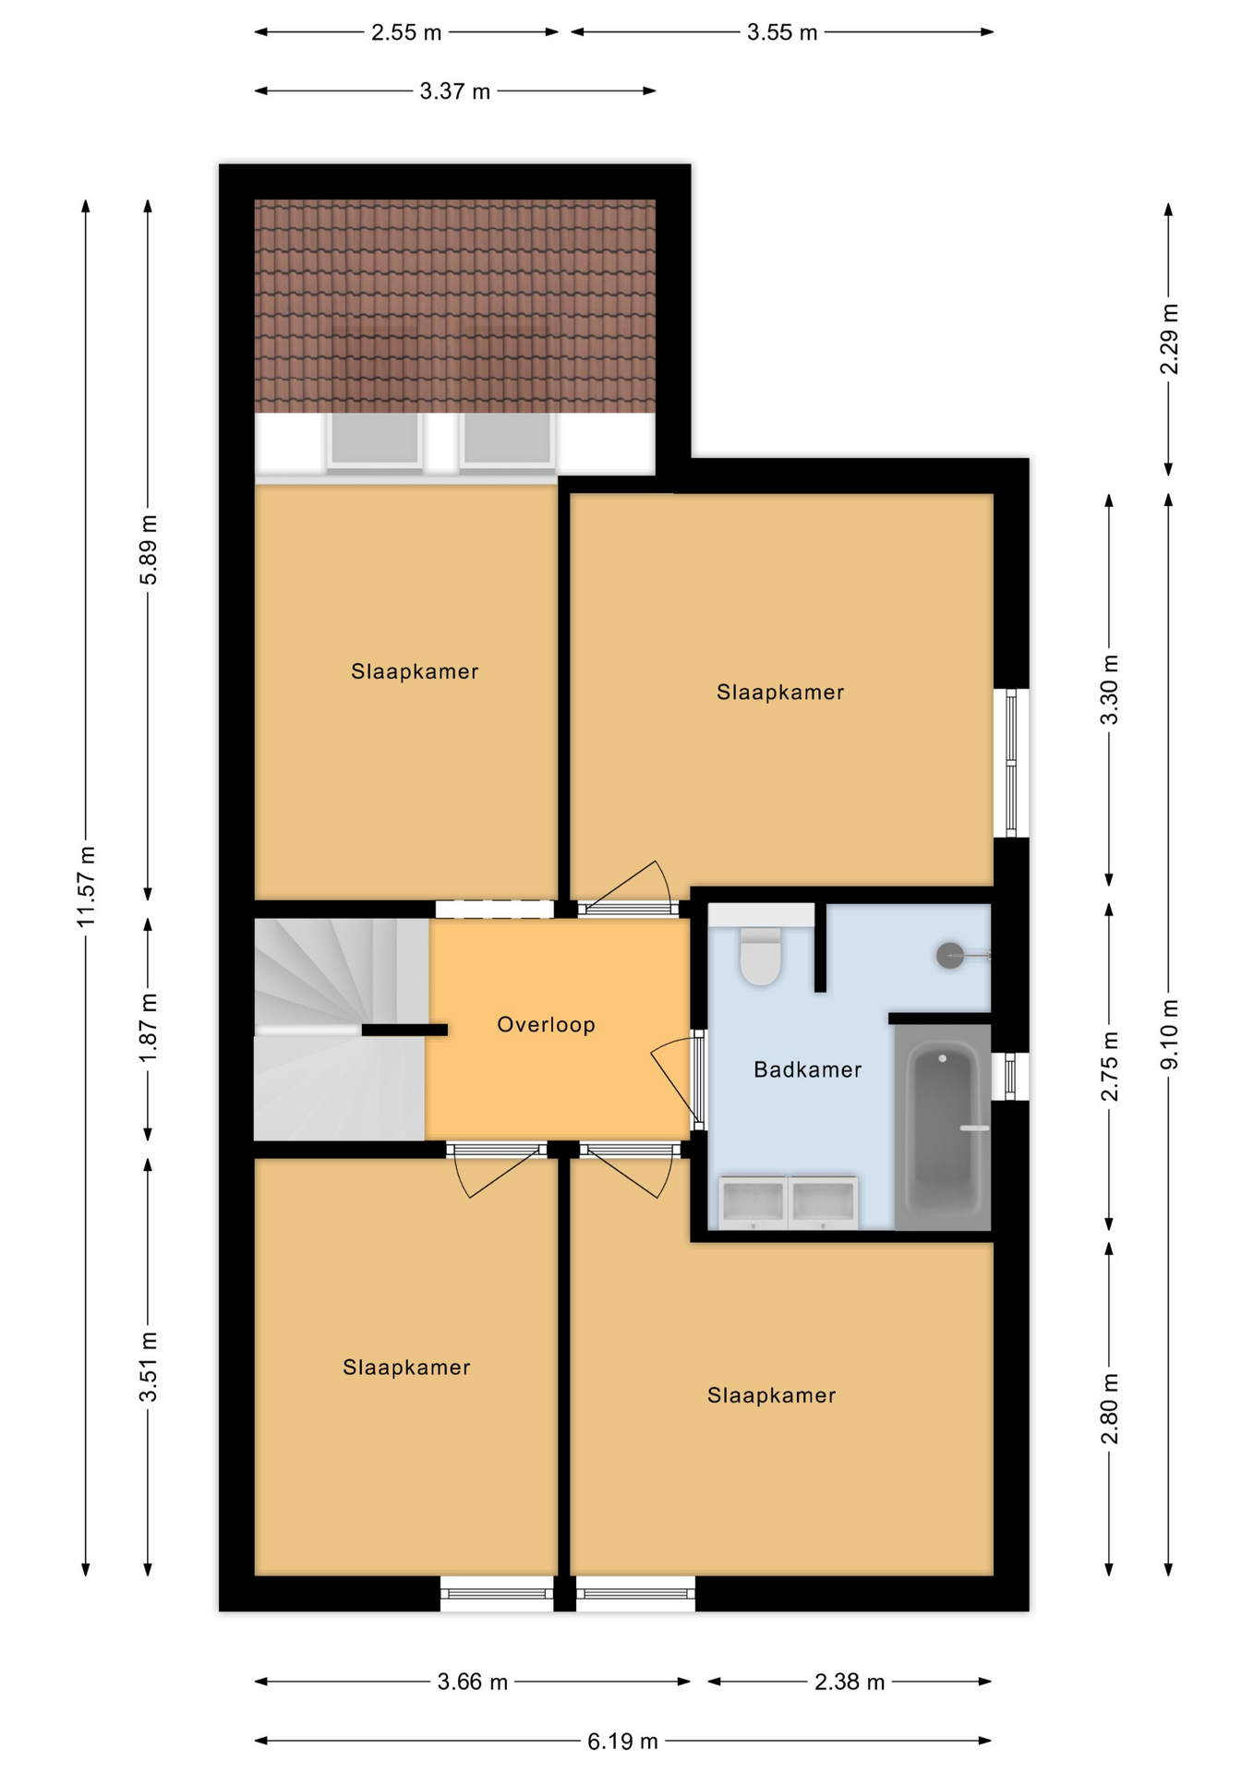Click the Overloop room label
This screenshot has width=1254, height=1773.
coord(546,1024)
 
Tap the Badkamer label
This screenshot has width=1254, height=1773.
coord(807,1069)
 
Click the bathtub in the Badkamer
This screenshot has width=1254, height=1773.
coord(942,1127)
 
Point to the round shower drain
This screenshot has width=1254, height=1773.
coord(950,955)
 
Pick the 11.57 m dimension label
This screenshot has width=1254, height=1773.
coord(86,886)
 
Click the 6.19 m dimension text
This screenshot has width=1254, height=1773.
coord(622,1741)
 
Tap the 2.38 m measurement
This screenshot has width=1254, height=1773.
coord(849,1682)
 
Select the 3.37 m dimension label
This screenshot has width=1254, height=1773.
coord(454,91)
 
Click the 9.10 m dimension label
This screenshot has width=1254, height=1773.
coord(1169,1034)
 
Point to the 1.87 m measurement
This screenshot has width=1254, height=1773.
coord(149,1028)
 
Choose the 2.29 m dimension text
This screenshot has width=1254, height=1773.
coord(1169,339)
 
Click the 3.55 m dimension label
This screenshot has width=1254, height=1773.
coord(782,32)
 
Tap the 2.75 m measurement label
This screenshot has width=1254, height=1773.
coord(1110,1067)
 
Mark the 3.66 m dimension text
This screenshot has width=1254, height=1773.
coord(473,1682)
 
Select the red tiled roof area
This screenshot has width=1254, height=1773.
coord(454,306)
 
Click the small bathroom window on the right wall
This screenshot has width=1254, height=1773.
coord(1010,1076)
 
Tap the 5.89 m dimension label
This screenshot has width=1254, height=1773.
coord(149,549)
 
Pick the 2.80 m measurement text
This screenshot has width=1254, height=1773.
coord(1110,1408)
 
